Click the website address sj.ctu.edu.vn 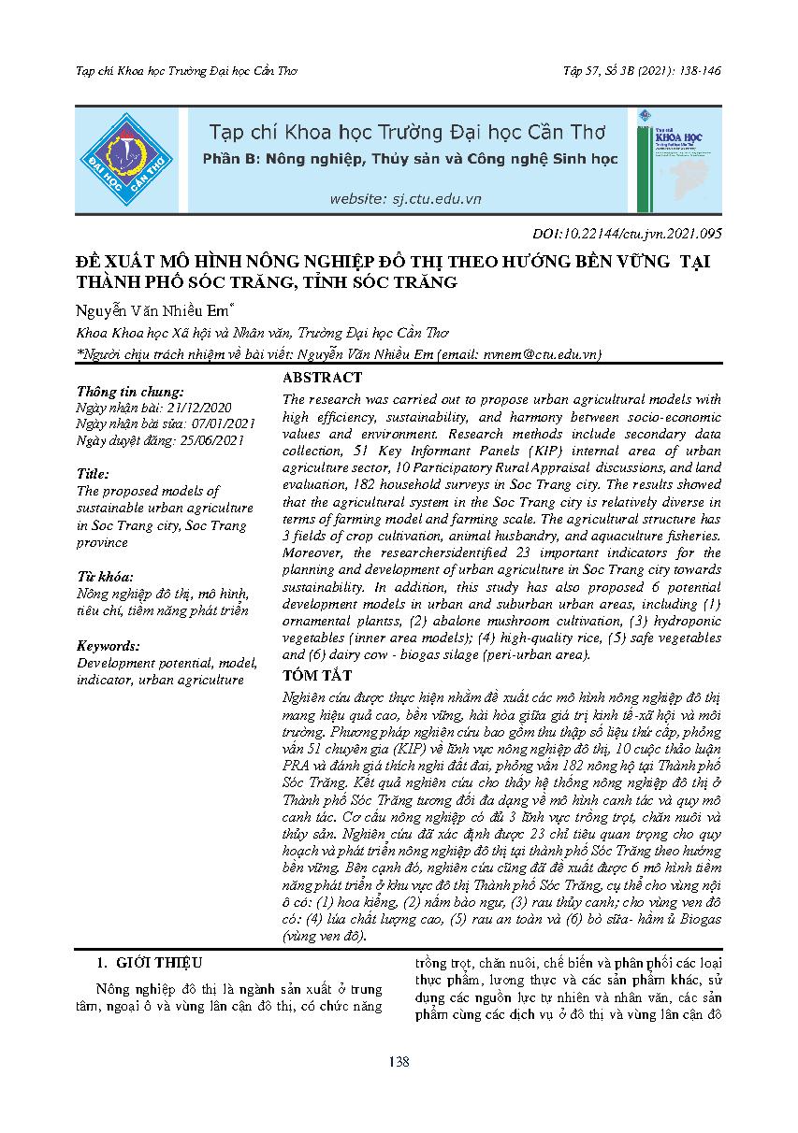(405, 199)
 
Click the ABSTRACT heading (322, 378)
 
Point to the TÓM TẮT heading (317, 675)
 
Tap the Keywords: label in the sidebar (109, 646)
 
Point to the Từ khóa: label (105, 576)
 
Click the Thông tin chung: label (130, 392)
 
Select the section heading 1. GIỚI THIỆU (149, 962)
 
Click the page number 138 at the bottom (399, 1061)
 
